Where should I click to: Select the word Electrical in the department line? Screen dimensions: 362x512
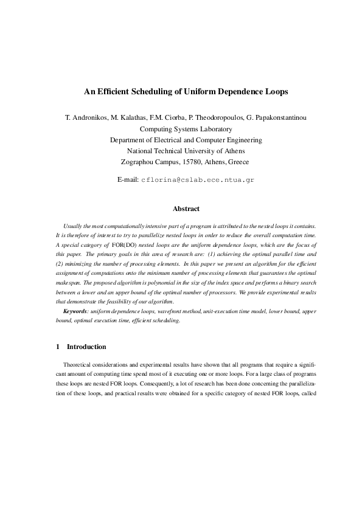point(162,140)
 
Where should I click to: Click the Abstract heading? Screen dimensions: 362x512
point(186,209)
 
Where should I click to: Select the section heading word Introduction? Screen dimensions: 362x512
point(86,347)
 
